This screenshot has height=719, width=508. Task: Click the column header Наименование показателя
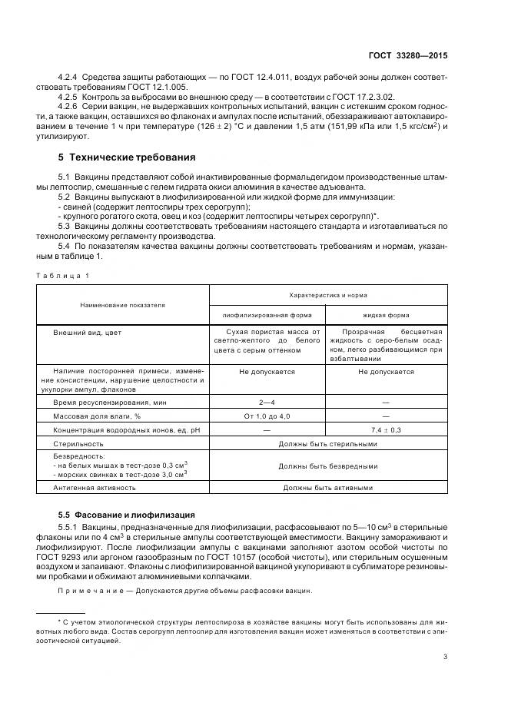click(x=122, y=305)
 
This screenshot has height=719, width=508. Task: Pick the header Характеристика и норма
click(x=328, y=295)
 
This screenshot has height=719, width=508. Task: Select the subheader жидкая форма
click(x=386, y=315)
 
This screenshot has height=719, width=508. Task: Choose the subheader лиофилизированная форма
click(x=267, y=315)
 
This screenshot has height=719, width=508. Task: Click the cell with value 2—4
click(x=267, y=402)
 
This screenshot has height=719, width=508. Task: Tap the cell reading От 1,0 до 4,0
click(x=267, y=416)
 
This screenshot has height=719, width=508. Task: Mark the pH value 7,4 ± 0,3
click(x=386, y=429)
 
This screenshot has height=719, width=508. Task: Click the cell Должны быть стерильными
click(x=328, y=443)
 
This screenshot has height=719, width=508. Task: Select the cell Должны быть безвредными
click(x=328, y=466)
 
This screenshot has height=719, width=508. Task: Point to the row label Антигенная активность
click(x=95, y=487)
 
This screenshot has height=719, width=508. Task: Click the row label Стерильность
click(x=78, y=443)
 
